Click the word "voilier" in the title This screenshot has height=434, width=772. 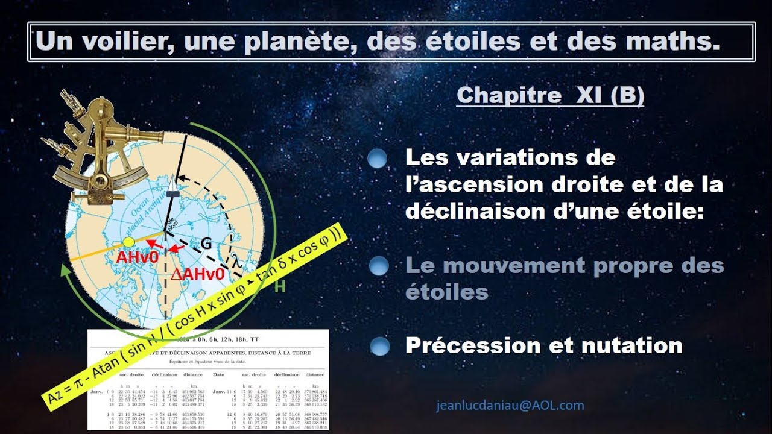pyautogui.click(x=124, y=42)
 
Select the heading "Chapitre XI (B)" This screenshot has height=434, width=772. pyautogui.click(x=550, y=95)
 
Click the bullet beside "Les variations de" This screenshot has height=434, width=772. pyautogui.click(x=378, y=159)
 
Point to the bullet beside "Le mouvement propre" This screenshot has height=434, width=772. pyautogui.click(x=378, y=266)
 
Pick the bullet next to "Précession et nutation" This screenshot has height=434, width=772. pyautogui.click(x=378, y=346)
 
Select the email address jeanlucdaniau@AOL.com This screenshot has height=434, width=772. pyautogui.click(x=510, y=406)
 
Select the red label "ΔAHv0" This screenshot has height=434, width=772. pyautogui.click(x=198, y=274)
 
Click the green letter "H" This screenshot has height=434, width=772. pyautogui.click(x=280, y=287)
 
